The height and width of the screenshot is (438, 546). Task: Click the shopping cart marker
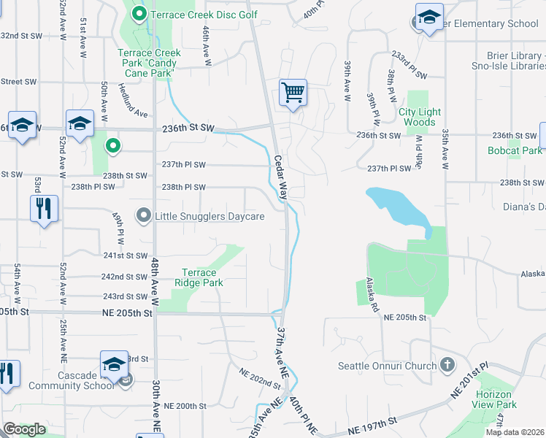pyautogui.click(x=293, y=93)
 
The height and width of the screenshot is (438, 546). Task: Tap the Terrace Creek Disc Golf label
pyautogui.click(x=204, y=14)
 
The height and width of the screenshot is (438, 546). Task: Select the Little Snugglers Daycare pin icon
pyautogui.click(x=144, y=215)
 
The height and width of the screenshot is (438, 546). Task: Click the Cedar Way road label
pyautogui.click(x=281, y=178)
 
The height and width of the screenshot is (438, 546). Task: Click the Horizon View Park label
pyautogui.click(x=494, y=399)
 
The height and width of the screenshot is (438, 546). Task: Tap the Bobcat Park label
pyautogui.click(x=515, y=150)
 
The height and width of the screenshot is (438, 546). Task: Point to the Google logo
pyautogui.click(x=24, y=429)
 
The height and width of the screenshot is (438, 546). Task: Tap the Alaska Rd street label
pyautogui.click(x=374, y=291)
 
